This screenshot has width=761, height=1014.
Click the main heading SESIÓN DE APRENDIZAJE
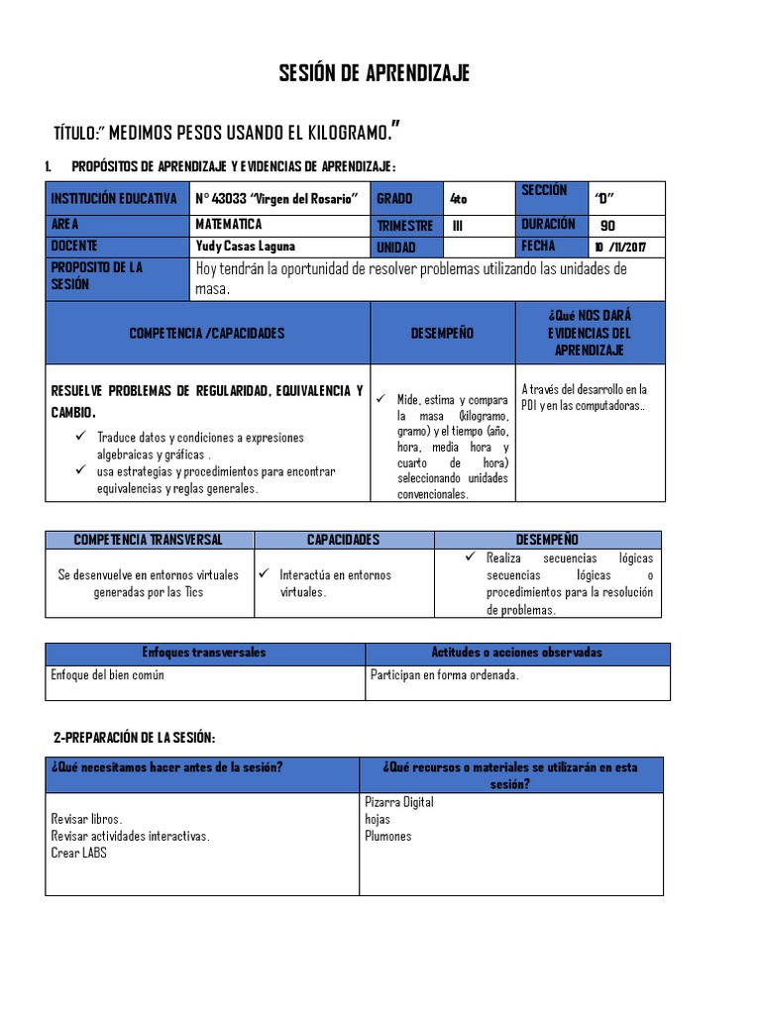(x=374, y=74)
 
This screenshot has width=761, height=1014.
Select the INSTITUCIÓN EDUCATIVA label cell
(x=114, y=198)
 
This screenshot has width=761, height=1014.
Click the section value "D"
(x=602, y=196)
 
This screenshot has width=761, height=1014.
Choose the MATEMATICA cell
(x=229, y=225)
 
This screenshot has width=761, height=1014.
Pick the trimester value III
(x=457, y=225)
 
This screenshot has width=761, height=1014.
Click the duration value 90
(x=608, y=225)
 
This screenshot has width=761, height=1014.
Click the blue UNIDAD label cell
(x=396, y=248)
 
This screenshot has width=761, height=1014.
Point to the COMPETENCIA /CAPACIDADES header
(x=207, y=334)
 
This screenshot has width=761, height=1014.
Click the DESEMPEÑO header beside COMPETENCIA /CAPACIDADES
(x=442, y=334)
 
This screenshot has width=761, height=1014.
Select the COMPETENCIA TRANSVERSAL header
(x=149, y=540)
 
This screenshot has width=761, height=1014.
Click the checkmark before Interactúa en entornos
(x=265, y=574)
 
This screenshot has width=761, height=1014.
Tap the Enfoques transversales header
(x=205, y=654)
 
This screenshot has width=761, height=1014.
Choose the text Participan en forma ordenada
(x=445, y=675)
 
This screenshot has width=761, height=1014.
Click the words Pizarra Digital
(x=399, y=802)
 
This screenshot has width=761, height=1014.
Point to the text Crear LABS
(x=78, y=853)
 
